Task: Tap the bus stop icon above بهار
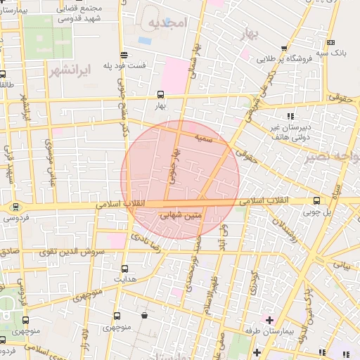(161, 94)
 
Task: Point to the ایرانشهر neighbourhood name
(71, 70)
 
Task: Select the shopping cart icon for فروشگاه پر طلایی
(283, 49)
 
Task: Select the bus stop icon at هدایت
(124, 268)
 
